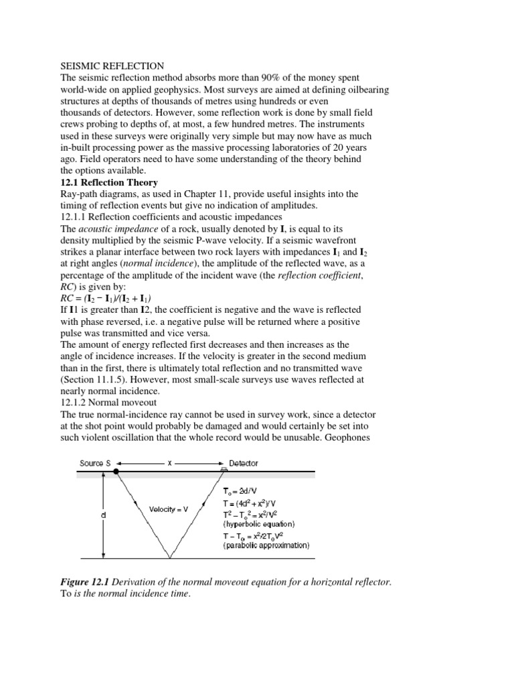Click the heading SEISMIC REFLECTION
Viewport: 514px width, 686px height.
112,66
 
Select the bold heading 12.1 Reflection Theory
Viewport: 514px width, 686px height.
109,182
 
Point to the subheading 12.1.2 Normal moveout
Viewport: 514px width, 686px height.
108,402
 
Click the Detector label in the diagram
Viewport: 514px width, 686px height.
244,463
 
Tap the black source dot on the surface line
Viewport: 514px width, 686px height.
116,473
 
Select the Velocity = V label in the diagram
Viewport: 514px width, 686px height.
169,509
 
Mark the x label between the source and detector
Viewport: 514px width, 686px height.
169,463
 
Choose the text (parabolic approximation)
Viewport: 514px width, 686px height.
266,545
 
